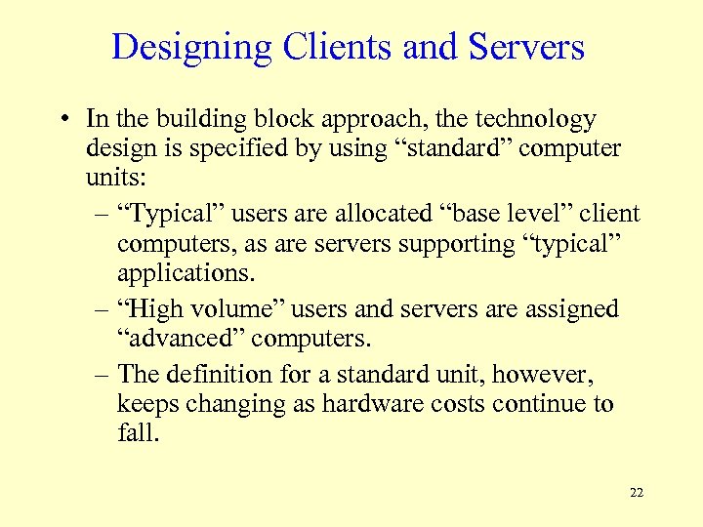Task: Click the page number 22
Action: [637, 492]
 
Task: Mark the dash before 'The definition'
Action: [101, 375]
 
